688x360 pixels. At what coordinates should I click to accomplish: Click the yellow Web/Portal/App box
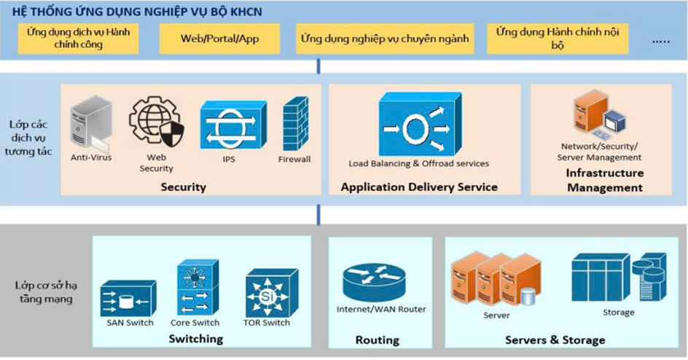point(219,39)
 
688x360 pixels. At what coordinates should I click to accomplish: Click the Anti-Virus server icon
point(91,125)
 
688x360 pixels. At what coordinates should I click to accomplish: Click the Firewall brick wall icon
point(294,125)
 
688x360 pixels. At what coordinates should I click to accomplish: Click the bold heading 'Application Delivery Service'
point(419,187)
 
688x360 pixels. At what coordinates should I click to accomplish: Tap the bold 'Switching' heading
point(195,340)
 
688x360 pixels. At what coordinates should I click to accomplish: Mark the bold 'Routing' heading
point(378,340)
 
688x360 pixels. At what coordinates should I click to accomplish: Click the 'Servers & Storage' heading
point(555,340)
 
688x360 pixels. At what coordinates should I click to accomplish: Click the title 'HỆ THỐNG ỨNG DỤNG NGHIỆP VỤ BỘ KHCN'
point(136,12)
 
